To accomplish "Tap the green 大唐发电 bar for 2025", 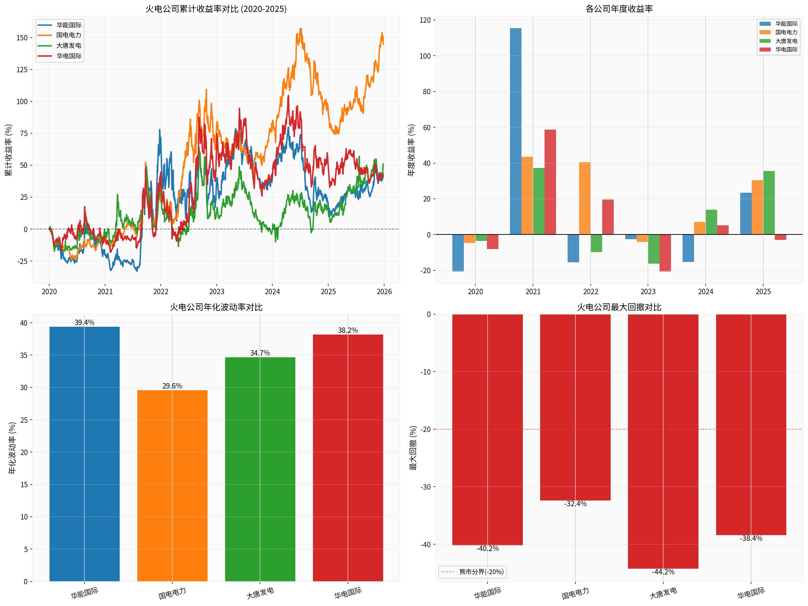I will click(769, 203).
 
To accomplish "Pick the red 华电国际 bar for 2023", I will click(665, 252).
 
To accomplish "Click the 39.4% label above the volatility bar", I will click(84, 322).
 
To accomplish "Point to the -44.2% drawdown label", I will click(663, 572).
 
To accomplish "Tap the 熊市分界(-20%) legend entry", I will click(473, 572).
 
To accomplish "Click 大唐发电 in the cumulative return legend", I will click(69, 46).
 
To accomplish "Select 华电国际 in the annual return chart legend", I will click(786, 49).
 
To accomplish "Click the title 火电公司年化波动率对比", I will click(216, 307).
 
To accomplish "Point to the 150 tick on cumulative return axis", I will click(22, 38).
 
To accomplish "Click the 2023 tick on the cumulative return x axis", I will click(216, 292).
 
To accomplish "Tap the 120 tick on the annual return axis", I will click(425, 20).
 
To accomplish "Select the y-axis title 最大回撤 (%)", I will click(413, 448).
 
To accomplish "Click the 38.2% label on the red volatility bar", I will click(348, 330).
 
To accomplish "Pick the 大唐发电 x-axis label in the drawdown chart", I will click(663, 593).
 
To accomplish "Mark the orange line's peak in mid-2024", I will click(301, 29).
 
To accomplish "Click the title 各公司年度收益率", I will click(619, 9).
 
